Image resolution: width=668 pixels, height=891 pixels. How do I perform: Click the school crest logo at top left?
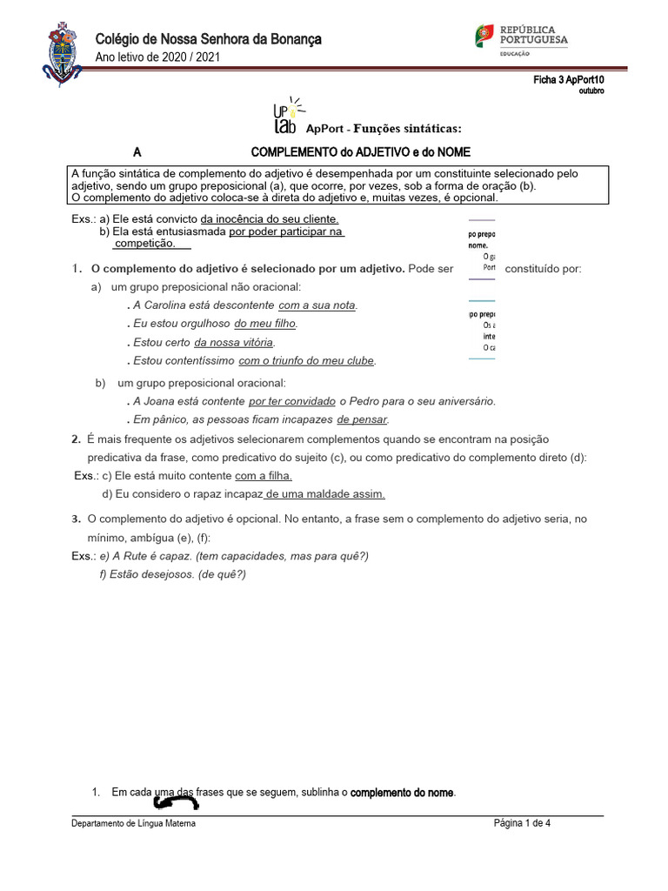[58, 54]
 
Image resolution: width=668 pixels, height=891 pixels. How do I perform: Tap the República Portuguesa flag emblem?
[484, 35]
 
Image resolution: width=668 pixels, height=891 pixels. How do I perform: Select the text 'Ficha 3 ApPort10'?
[568, 80]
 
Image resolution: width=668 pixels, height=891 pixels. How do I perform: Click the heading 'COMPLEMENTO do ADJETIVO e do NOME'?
[360, 151]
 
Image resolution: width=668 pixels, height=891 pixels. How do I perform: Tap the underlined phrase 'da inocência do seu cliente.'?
[269, 219]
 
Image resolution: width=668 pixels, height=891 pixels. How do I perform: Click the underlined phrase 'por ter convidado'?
[291, 401]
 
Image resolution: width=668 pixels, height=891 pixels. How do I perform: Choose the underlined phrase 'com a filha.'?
[264, 476]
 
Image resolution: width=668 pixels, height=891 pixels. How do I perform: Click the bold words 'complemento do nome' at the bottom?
[402, 793]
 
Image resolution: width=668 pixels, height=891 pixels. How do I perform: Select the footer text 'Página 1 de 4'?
[522, 823]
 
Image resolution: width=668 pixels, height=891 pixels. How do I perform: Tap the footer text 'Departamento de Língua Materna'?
[133, 823]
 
